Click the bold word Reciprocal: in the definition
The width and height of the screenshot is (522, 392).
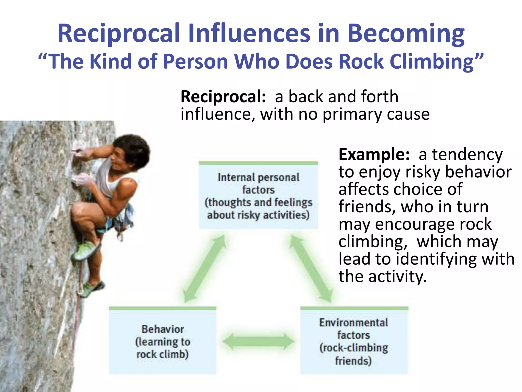click(223, 97)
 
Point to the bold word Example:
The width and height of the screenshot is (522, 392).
click(374, 155)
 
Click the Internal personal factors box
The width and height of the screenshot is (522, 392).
click(258, 195)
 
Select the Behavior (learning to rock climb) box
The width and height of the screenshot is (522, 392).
click(162, 341)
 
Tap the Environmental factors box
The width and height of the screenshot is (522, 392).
click(354, 341)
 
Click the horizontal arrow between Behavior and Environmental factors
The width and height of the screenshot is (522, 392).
click(258, 341)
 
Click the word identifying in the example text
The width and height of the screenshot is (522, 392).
click(436, 259)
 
